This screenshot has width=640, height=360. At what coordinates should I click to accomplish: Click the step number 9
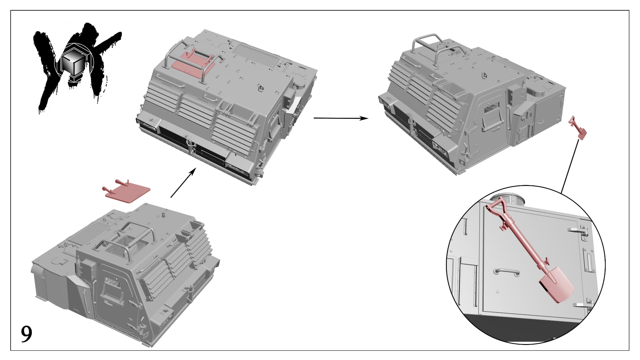coord(27,334)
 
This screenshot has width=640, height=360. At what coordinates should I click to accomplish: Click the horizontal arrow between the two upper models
coord(341,118)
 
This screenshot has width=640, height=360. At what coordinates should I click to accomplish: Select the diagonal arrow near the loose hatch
coord(183,182)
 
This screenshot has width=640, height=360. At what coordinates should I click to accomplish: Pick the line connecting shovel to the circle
coord(569,166)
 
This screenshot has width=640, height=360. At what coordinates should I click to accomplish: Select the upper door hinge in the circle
coord(578,231)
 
